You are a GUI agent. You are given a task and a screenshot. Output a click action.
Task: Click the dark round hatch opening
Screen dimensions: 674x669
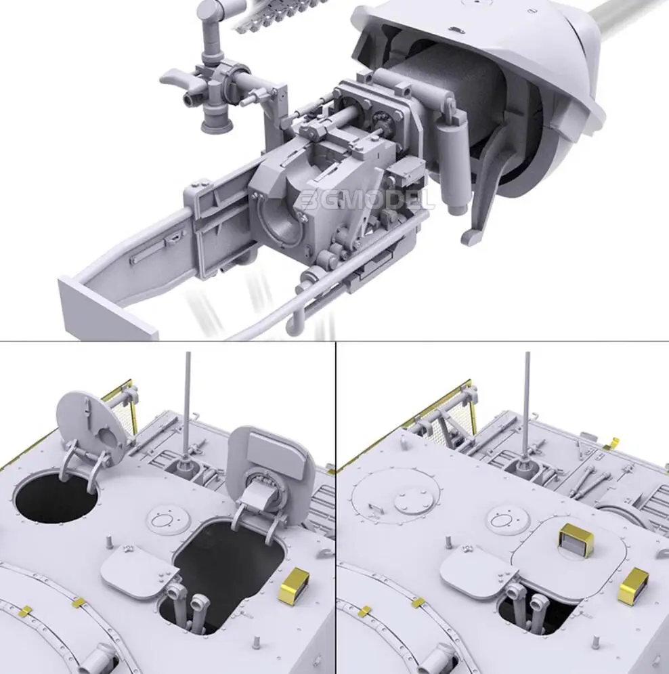(54, 498)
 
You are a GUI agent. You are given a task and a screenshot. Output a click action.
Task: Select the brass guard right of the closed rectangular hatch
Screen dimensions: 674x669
(633, 586)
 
